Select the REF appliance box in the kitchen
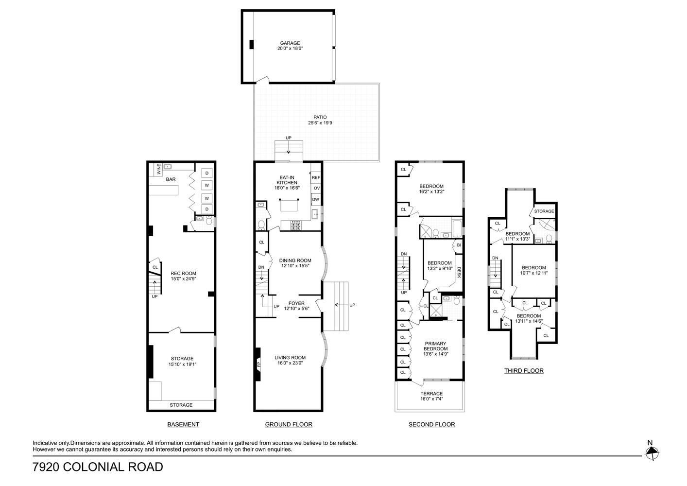(x=316, y=178)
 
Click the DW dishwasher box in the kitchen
(x=316, y=199)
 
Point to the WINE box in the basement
(x=159, y=169)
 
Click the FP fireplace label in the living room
(x=258, y=364)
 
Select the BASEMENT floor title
(x=183, y=424)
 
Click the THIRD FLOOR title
(x=523, y=370)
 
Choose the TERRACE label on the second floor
(x=431, y=394)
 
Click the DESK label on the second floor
(x=459, y=273)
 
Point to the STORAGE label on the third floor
(x=544, y=211)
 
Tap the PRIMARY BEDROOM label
(x=435, y=346)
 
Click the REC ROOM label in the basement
(x=183, y=274)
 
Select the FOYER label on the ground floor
(x=296, y=303)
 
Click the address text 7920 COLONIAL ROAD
(x=98, y=467)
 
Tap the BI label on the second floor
(x=459, y=245)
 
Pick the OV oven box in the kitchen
(x=316, y=189)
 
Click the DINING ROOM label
(x=295, y=260)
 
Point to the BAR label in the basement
(x=171, y=179)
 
